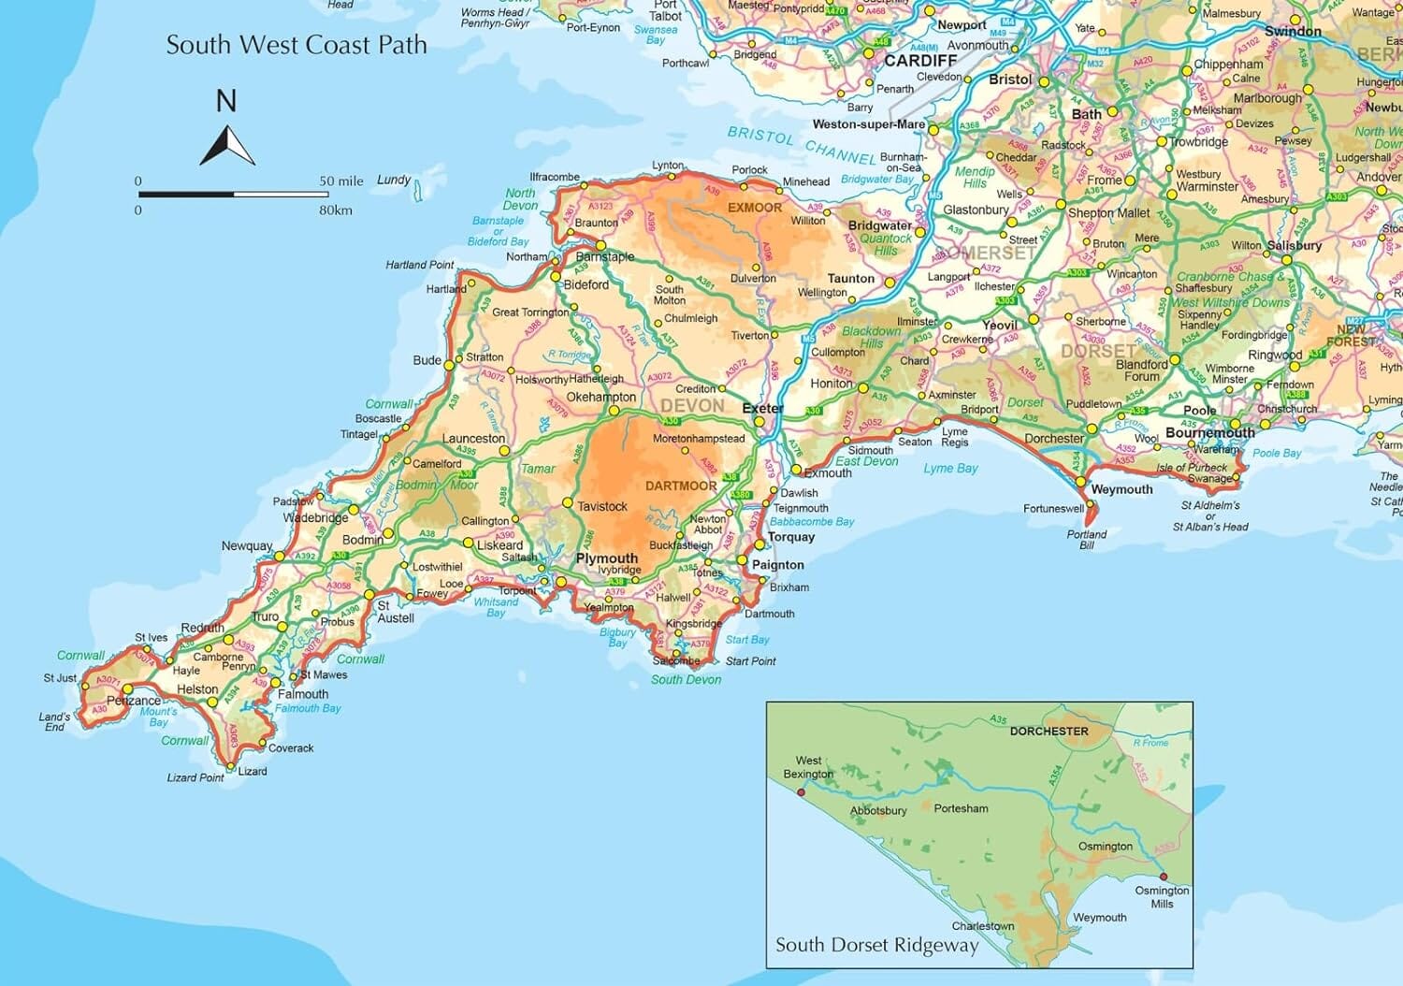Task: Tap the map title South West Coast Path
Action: pyautogui.click(x=297, y=45)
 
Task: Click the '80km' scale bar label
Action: pyautogui.click(x=336, y=210)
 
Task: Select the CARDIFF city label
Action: pyautogui.click(x=920, y=61)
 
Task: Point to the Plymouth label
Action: pyautogui.click(x=606, y=558)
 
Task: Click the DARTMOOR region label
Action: pyautogui.click(x=681, y=486)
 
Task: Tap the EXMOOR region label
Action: pyautogui.click(x=755, y=208)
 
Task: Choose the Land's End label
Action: pyautogui.click(x=54, y=722)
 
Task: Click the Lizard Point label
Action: pyautogui.click(x=195, y=777)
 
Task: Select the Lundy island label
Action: pyautogui.click(x=394, y=180)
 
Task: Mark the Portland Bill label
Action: pyautogui.click(x=1087, y=540)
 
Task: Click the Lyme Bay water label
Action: pyautogui.click(x=950, y=468)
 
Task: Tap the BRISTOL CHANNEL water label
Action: pyautogui.click(x=802, y=146)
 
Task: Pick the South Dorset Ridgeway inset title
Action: pyautogui.click(x=876, y=945)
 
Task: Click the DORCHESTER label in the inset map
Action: pyautogui.click(x=1049, y=731)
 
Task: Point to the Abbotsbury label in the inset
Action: pyautogui.click(x=878, y=810)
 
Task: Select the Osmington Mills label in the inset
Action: pyautogui.click(x=1162, y=897)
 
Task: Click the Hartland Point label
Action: pyautogui.click(x=420, y=265)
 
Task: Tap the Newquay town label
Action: pyautogui.click(x=247, y=545)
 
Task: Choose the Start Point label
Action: pyautogui.click(x=750, y=661)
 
